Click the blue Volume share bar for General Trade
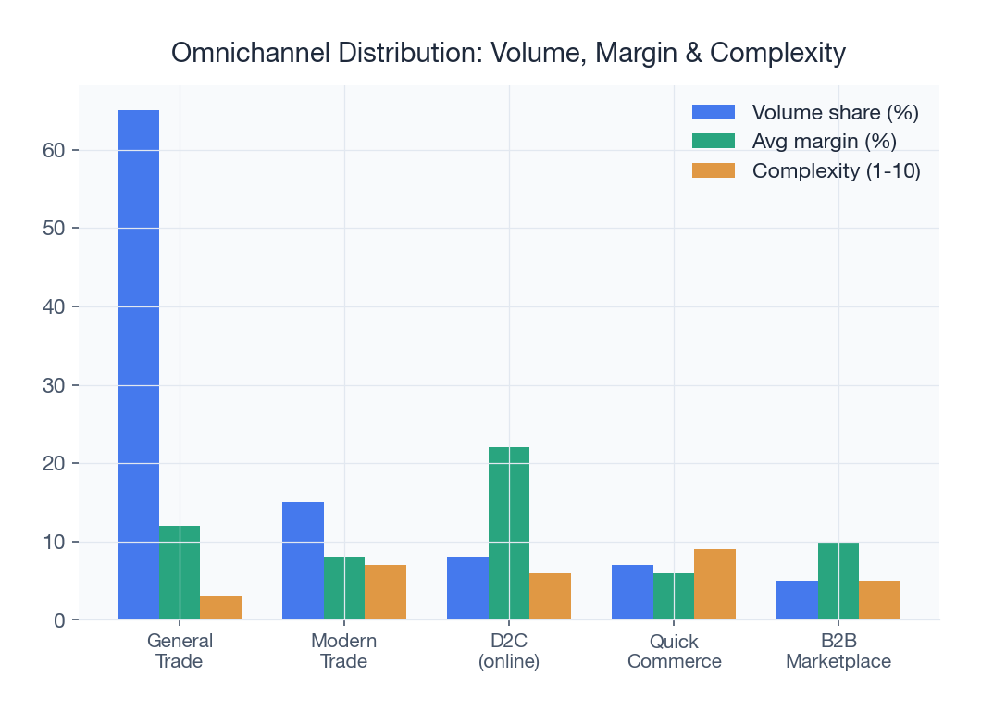[138, 365]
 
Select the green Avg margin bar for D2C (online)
[509, 533]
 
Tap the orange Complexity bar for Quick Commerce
[714, 584]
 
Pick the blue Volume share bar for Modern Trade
[303, 560]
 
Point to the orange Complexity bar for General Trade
[220, 607]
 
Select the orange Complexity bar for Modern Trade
[385, 592]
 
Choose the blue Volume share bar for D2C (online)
[467, 588]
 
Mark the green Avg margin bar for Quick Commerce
[674, 596]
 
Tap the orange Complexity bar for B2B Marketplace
[879, 600]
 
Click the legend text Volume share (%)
[835, 113]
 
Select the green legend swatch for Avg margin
[713, 142]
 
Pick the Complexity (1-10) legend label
[836, 171]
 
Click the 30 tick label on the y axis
[54, 385]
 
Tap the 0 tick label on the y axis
[59, 620]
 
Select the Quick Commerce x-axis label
[674, 651]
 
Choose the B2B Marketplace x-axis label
[838, 651]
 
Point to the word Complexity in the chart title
[780, 54]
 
